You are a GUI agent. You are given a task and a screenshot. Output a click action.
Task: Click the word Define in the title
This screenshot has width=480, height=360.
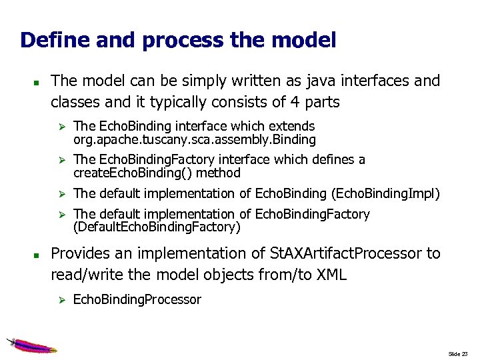click(54, 40)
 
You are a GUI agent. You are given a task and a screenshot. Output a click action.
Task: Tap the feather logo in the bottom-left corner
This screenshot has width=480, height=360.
click(31, 345)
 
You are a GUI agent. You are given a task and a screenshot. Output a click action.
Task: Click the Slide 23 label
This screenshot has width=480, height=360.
click(459, 353)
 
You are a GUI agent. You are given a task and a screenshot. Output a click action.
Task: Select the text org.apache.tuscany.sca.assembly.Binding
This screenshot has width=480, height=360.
click(194, 140)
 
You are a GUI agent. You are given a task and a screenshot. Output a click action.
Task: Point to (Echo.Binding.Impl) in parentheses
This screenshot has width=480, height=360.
click(385, 193)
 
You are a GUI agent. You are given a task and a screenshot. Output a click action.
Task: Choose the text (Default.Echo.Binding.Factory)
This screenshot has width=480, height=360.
click(157, 227)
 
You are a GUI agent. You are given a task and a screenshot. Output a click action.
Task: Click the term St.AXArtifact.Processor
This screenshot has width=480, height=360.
click(345, 253)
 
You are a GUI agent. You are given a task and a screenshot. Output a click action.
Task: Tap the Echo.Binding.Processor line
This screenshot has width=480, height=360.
click(137, 299)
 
